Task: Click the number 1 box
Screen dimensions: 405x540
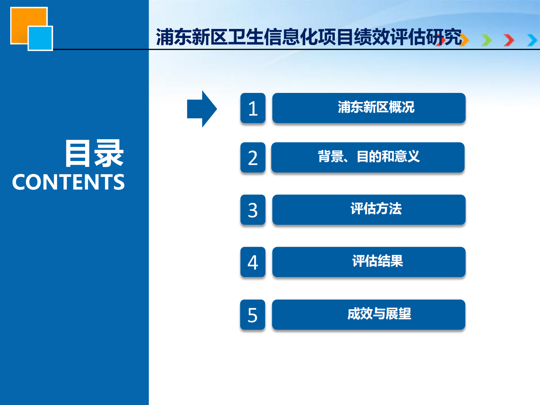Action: point(253,108)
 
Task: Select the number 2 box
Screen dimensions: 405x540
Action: point(253,158)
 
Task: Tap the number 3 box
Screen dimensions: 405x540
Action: point(253,210)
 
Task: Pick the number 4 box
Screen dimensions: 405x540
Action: point(253,262)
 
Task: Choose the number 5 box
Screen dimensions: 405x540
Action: point(252,315)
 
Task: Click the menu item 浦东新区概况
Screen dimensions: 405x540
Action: point(369,108)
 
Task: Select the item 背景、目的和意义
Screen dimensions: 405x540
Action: point(368,157)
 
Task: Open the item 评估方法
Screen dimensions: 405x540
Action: point(369,210)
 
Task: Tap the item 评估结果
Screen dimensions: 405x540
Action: point(369,262)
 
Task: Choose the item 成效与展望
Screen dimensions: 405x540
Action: point(369,314)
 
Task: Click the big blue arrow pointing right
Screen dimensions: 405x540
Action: point(202,109)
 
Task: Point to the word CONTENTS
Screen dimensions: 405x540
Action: point(68,182)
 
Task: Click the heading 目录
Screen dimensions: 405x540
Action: point(94,153)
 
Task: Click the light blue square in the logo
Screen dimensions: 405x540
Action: point(40,38)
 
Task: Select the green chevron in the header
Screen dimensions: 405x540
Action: point(487,40)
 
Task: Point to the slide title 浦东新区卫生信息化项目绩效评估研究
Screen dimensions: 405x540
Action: point(309,37)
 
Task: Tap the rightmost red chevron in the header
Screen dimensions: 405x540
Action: point(509,40)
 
